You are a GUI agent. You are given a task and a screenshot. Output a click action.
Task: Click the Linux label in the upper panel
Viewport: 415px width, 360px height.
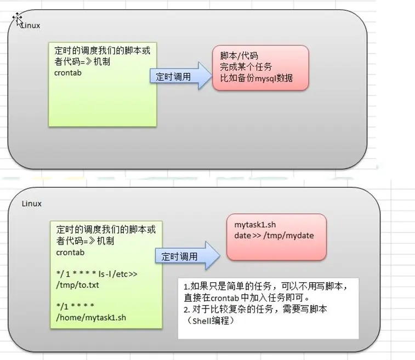(31, 26)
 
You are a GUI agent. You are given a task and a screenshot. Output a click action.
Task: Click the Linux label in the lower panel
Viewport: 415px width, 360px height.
(32, 203)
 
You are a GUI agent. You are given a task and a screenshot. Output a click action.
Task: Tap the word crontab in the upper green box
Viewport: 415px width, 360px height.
(67, 73)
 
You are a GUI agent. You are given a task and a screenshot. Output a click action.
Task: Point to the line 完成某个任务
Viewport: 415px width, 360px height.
(246, 67)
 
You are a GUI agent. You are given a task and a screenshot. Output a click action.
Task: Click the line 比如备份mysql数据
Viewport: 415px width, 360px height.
(257, 78)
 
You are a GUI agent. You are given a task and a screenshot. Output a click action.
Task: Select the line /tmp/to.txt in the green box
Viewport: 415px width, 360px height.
(79, 285)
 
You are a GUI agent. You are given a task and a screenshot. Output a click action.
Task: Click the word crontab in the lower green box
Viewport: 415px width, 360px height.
(70, 252)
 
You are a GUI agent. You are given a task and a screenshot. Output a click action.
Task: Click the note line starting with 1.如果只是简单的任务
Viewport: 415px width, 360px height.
(265, 287)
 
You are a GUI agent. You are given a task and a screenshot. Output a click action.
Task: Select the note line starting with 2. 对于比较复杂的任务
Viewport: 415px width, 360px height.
(255, 309)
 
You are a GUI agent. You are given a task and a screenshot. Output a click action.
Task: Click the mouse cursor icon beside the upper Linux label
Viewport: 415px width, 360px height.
(18, 20)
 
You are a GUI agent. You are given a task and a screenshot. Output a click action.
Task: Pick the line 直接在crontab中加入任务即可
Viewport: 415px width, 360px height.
(247, 298)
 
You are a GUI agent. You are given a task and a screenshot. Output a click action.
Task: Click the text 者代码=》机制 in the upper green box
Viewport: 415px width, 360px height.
(82, 62)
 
